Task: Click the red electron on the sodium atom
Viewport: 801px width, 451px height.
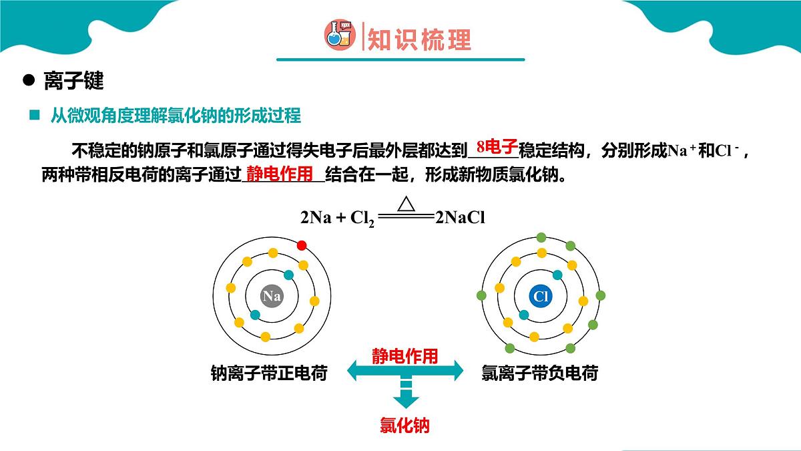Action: coord(302,246)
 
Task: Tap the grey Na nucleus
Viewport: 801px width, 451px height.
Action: coord(272,296)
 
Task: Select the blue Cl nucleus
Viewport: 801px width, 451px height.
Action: coord(541,296)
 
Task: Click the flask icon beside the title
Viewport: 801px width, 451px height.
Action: coord(340,35)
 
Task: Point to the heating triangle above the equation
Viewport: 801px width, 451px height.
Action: coord(407,204)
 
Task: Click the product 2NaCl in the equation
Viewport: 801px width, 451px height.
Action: coord(460,217)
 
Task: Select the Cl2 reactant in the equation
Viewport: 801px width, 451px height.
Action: coord(362,218)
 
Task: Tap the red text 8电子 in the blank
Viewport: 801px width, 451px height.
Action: coord(497,146)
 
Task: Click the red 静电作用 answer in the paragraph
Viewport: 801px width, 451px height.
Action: coord(280,174)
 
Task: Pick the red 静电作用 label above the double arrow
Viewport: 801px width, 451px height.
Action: coord(405,355)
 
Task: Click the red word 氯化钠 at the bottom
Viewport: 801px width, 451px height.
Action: coord(405,425)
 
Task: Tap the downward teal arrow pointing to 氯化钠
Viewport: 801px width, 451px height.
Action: coord(406,394)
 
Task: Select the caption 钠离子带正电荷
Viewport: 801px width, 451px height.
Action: coord(269,373)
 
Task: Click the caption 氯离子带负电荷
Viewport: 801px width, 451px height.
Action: coord(540,373)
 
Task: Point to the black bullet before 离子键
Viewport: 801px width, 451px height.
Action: coord(29,80)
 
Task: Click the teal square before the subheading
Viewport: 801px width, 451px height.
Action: coord(34,115)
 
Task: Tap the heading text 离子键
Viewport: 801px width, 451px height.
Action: coord(73,81)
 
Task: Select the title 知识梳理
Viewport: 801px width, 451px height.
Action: coord(419,39)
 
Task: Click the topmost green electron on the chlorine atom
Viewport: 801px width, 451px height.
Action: coord(541,237)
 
